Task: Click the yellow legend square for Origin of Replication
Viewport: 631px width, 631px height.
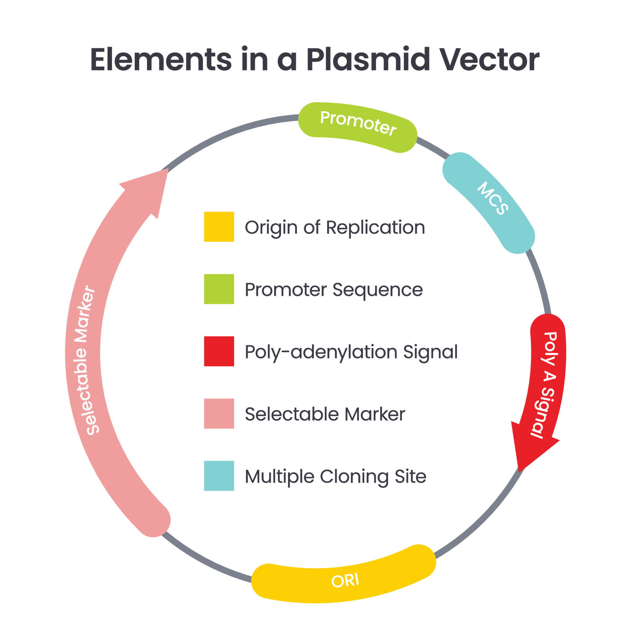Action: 219,227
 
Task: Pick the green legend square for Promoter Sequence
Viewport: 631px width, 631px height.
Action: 219,289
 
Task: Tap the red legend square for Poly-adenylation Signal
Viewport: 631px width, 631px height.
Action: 219,351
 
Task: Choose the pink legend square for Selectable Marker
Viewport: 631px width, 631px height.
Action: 219,413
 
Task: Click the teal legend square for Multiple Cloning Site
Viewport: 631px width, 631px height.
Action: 219,476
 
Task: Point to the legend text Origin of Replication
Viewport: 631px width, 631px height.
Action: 335,228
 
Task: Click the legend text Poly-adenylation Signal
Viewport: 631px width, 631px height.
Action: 351,352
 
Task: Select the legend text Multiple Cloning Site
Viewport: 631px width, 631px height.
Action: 336,477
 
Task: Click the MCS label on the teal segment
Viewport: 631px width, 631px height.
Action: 493,198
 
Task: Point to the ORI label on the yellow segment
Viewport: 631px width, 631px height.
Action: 345,581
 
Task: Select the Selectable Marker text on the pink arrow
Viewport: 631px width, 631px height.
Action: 85,361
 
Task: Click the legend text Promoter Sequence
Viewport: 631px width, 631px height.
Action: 334,290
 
